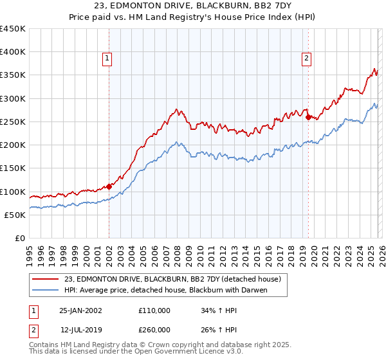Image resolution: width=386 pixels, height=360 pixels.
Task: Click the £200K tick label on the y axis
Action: pos(12,145)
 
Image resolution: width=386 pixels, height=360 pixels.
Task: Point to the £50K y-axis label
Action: pos(14,215)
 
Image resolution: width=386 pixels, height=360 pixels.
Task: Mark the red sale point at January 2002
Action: pos(109,186)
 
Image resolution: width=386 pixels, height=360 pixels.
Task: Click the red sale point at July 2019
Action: pos(308,117)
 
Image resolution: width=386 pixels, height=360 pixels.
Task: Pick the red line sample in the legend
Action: pos(46,280)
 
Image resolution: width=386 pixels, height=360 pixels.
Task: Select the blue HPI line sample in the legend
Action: pos(46,291)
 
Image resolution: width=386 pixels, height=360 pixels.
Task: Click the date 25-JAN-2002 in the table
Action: pos(80,310)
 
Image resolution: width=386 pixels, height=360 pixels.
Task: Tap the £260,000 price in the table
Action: pos(154,328)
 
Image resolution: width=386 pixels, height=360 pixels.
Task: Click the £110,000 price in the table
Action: pos(154,310)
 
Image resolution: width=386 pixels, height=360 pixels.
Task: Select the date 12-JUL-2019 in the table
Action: pos(82,328)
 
